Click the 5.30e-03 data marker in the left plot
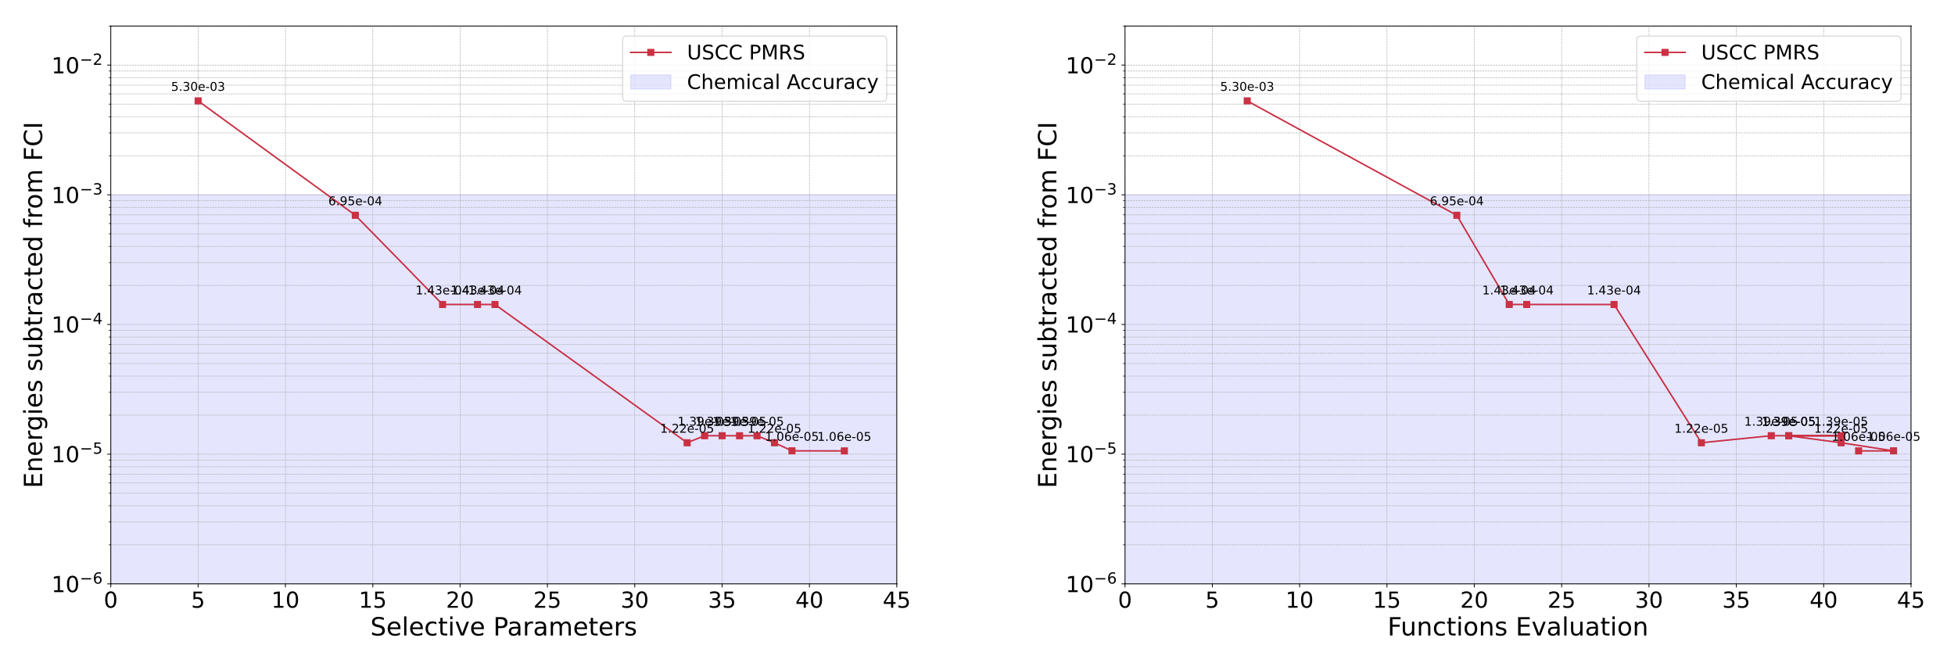tap(198, 101)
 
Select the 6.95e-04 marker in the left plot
tap(355, 215)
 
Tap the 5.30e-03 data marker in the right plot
tap(1247, 101)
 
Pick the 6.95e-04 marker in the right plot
tap(1457, 215)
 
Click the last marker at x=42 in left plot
tap(844, 451)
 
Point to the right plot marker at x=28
tap(1614, 304)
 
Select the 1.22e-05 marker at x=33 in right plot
tap(1701, 443)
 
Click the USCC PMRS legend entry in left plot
tap(745, 52)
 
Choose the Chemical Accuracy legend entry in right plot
tap(1796, 82)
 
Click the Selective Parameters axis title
tap(504, 627)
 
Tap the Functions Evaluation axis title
tap(1518, 627)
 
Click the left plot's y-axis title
tap(34, 305)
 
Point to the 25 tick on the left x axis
tap(547, 600)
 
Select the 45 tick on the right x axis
tap(1910, 600)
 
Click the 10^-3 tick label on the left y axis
tap(77, 194)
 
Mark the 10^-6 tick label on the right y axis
tap(1092, 583)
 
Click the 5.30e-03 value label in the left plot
tap(198, 87)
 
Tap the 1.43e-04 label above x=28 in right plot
tap(1614, 291)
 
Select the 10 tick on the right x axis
tap(1300, 600)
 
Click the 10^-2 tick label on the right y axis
tap(1092, 65)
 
